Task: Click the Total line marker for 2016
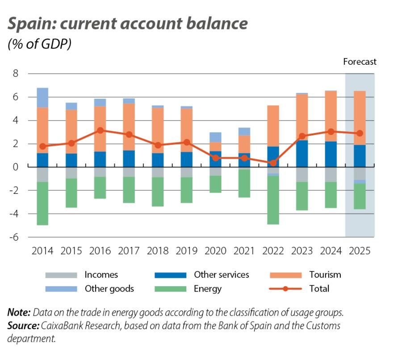[100, 130]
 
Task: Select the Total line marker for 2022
[273, 163]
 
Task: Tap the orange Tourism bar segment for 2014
[42, 130]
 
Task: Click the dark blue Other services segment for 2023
[302, 153]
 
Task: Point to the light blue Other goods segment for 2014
[42, 97]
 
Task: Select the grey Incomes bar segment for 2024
[331, 174]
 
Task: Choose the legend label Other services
[221, 275]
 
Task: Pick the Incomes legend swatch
[61, 275]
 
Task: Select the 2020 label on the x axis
[215, 251]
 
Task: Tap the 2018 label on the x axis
[158, 251]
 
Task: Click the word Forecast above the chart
[360, 62]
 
